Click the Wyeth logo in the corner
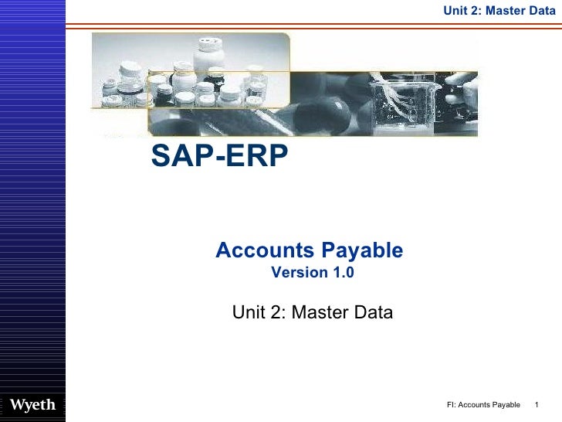pyautogui.click(x=32, y=406)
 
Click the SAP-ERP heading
pyautogui.click(x=219, y=155)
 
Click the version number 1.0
pyautogui.click(x=343, y=273)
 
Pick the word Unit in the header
pyautogui.click(x=455, y=9)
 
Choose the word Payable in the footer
pyautogui.click(x=507, y=406)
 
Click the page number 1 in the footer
pyautogui.click(x=536, y=406)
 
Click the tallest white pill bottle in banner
pyautogui.click(x=208, y=59)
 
